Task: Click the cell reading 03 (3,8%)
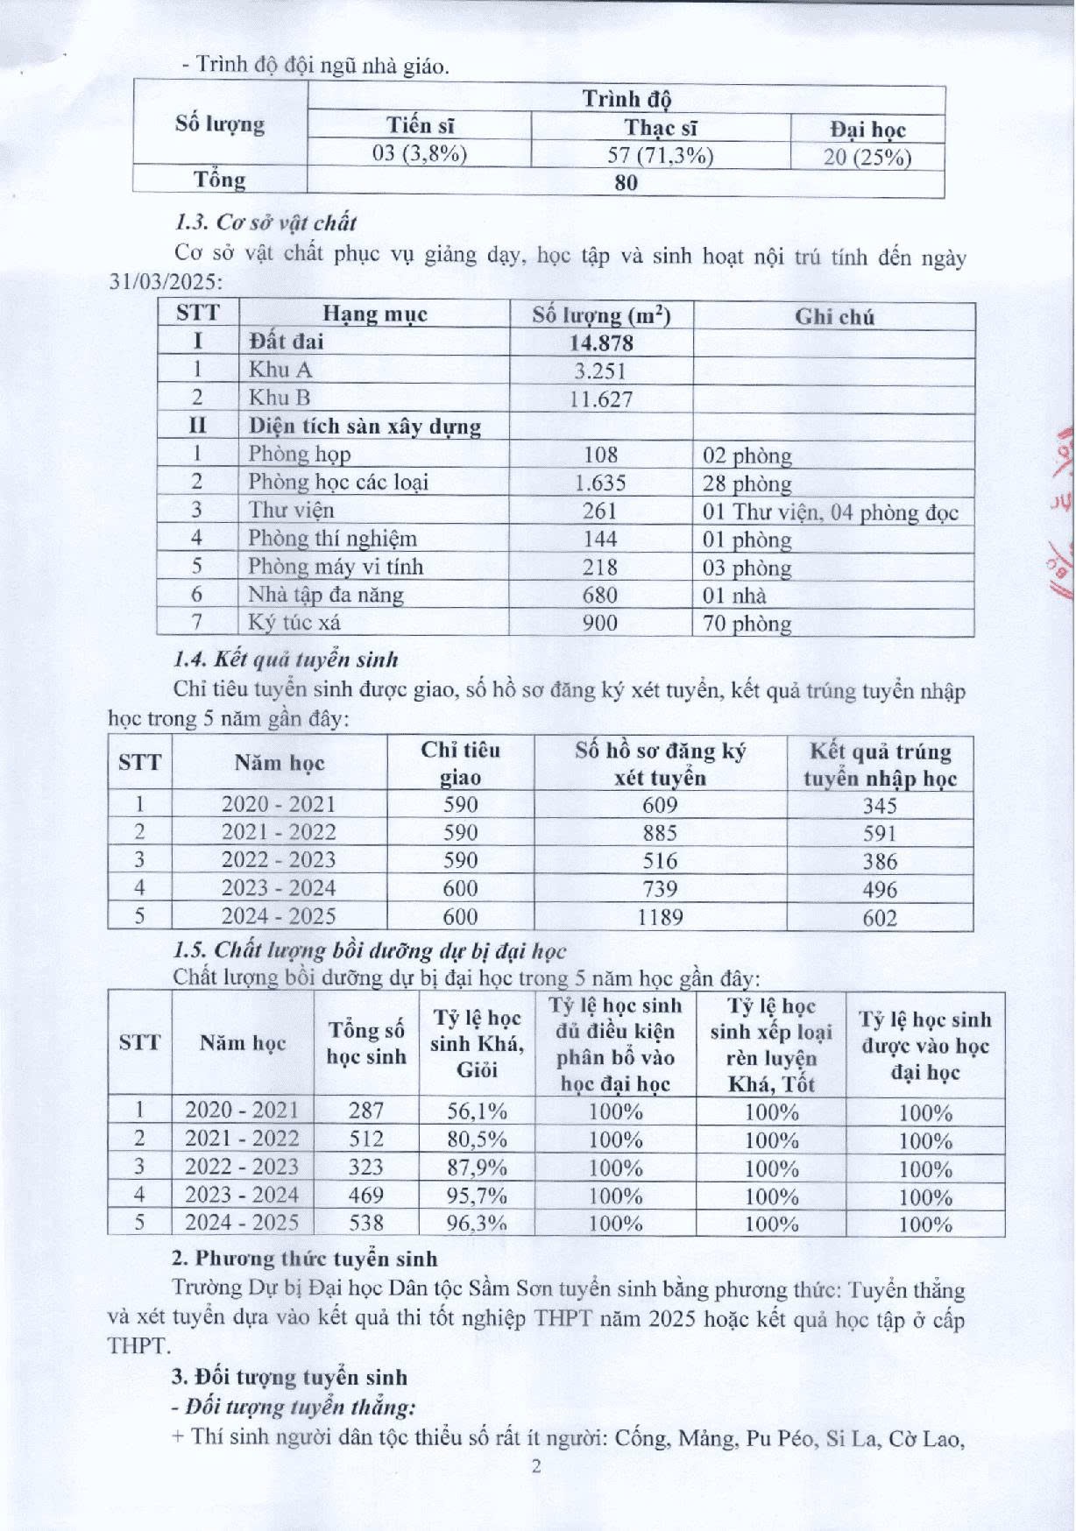419,154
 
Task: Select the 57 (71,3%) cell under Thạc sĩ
662,156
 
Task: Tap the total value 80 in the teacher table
626,183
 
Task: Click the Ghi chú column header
834,316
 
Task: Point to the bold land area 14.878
601,342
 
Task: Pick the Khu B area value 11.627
601,399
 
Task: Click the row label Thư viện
291,510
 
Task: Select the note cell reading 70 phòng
747,624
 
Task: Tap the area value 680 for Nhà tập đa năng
600,595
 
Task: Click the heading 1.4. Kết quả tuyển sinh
286,659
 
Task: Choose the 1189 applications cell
660,917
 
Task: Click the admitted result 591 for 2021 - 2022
880,833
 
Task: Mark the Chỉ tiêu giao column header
461,764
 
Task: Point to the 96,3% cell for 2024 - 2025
477,1223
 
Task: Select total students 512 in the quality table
366,1139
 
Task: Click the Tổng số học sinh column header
366,1043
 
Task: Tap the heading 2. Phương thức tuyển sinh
304,1259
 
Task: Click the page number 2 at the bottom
537,1466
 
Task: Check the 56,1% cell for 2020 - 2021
477,1111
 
